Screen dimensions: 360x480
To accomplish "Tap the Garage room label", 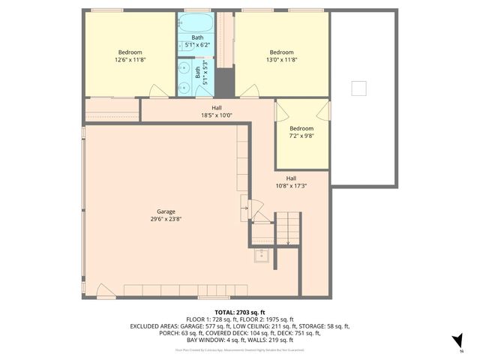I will click(166, 211).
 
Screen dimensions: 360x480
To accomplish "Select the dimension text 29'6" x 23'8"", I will click(166, 219).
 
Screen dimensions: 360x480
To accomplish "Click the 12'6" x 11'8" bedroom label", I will click(129, 59).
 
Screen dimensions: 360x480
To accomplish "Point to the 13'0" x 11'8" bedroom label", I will click(281, 59).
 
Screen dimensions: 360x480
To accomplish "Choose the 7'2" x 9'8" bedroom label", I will click(301, 136).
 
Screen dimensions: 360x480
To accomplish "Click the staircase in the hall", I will click(287, 228).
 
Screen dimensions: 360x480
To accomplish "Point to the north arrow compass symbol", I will click(460, 341).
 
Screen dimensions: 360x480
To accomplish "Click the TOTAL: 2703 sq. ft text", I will click(240, 312).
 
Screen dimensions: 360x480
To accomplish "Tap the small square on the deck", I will click(359, 88).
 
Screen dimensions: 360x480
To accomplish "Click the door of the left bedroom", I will click(158, 91).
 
